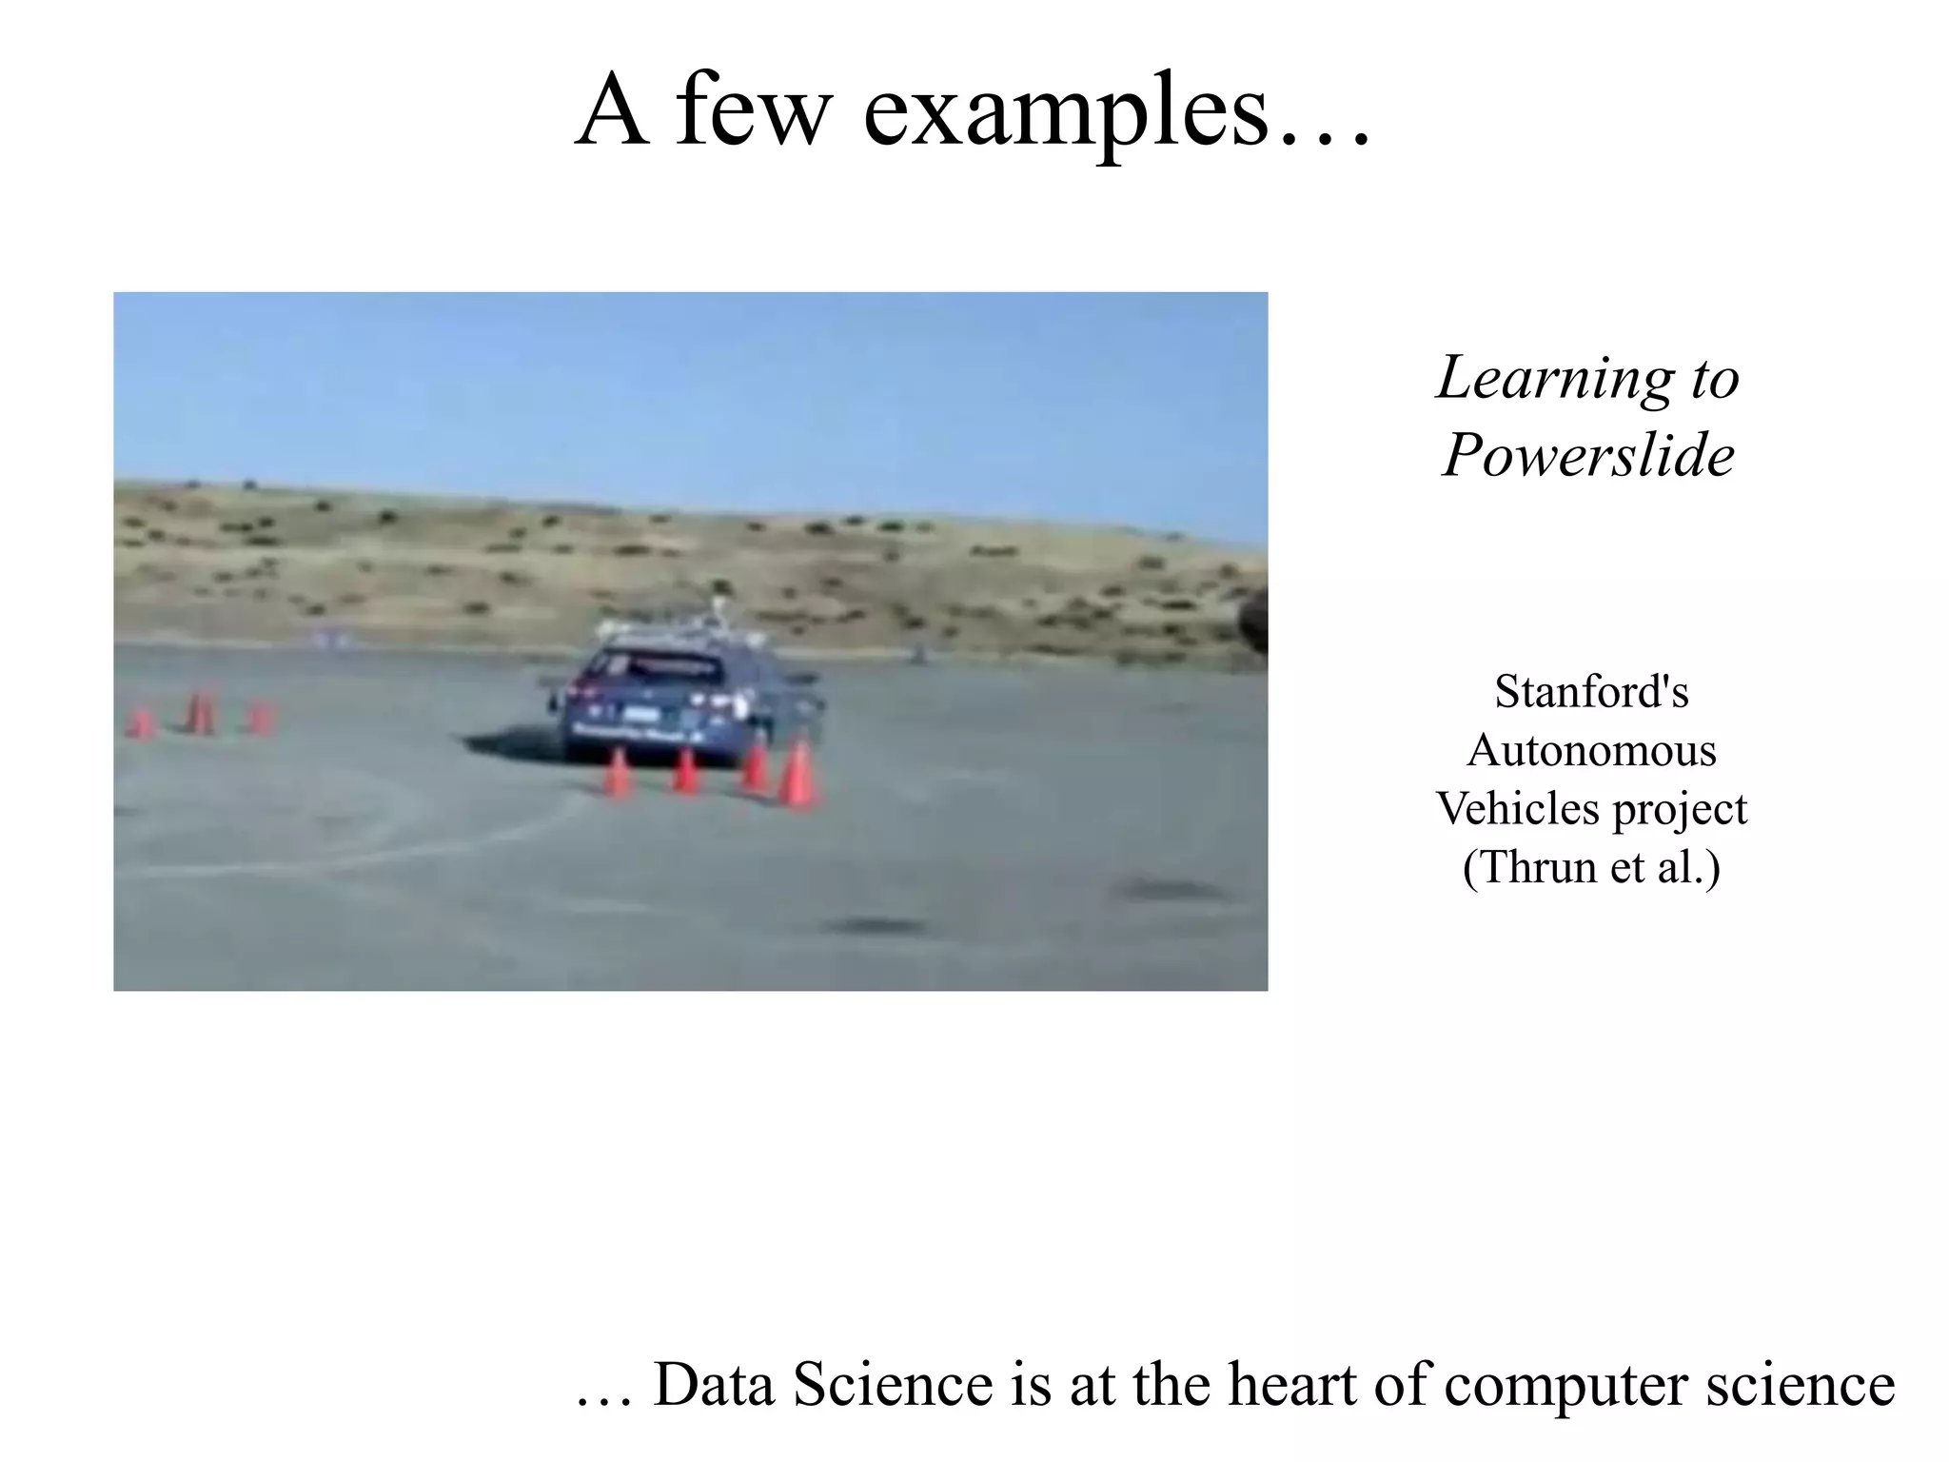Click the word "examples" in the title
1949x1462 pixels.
click(x=1066, y=112)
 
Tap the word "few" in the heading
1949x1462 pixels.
click(x=753, y=112)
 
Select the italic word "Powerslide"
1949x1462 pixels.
click(x=1588, y=454)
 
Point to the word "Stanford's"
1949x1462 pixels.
click(x=1591, y=691)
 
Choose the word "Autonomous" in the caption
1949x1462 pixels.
click(x=1591, y=750)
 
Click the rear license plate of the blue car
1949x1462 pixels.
click(x=640, y=713)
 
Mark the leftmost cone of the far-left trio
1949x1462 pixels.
click(x=141, y=722)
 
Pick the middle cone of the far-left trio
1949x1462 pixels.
click(x=200, y=714)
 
